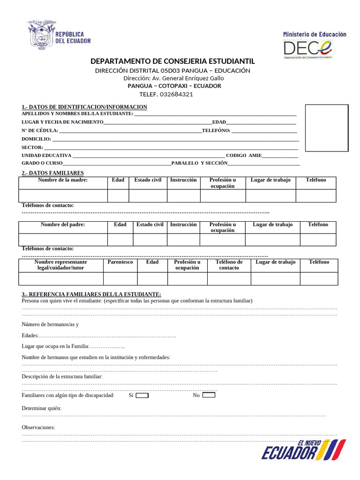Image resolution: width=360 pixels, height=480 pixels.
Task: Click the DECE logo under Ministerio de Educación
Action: click(x=308, y=48)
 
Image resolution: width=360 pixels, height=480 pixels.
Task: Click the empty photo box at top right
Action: click(x=327, y=127)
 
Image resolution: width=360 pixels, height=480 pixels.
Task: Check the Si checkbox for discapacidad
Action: click(x=142, y=395)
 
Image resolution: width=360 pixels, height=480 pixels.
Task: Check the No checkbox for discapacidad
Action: click(x=209, y=395)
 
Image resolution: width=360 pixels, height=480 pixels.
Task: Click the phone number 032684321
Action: click(x=176, y=94)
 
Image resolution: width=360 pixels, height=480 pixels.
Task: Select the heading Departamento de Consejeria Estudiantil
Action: click(x=172, y=61)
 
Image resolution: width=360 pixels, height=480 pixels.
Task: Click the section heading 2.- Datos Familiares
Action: click(x=52, y=173)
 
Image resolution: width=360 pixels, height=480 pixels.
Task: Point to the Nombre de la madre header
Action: click(x=63, y=180)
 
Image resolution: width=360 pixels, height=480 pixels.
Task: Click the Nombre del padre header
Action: click(x=63, y=225)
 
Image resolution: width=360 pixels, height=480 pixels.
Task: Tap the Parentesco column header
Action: click(x=120, y=262)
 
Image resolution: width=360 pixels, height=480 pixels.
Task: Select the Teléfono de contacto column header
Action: click(x=229, y=265)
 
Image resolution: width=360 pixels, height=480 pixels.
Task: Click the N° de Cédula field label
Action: click(x=40, y=130)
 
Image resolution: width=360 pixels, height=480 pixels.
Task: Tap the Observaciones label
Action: click(x=38, y=427)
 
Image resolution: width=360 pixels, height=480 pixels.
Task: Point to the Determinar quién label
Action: click(x=41, y=408)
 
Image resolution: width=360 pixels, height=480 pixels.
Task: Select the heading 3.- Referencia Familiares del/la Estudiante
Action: click(x=91, y=294)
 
